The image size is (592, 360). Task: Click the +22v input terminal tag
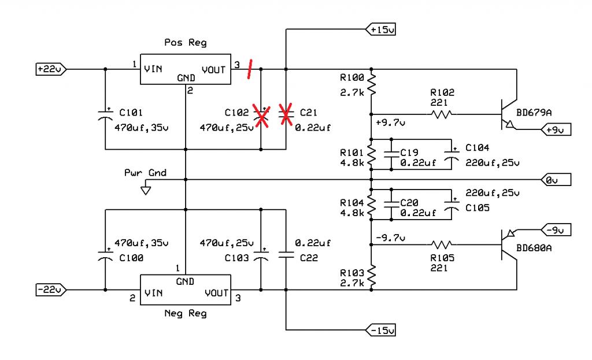(51, 69)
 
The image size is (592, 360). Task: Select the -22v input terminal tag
(51, 290)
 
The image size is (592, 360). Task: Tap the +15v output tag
(380, 29)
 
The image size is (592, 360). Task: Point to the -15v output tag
(380, 330)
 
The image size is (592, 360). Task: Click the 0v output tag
(556, 180)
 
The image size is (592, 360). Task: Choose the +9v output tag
(556, 129)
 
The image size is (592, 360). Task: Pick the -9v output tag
(556, 229)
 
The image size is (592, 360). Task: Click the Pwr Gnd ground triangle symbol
(146, 191)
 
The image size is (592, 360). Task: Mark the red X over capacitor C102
(261, 116)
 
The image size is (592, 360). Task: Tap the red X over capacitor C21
(286, 114)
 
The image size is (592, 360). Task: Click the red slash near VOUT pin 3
(250, 69)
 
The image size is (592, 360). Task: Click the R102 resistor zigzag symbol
(441, 114)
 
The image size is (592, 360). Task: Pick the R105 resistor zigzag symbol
(441, 244)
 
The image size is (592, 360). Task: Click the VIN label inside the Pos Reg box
(153, 69)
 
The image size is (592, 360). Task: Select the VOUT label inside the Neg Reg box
(216, 293)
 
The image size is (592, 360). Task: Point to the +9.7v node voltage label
(390, 123)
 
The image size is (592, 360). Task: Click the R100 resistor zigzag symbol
(372, 84)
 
